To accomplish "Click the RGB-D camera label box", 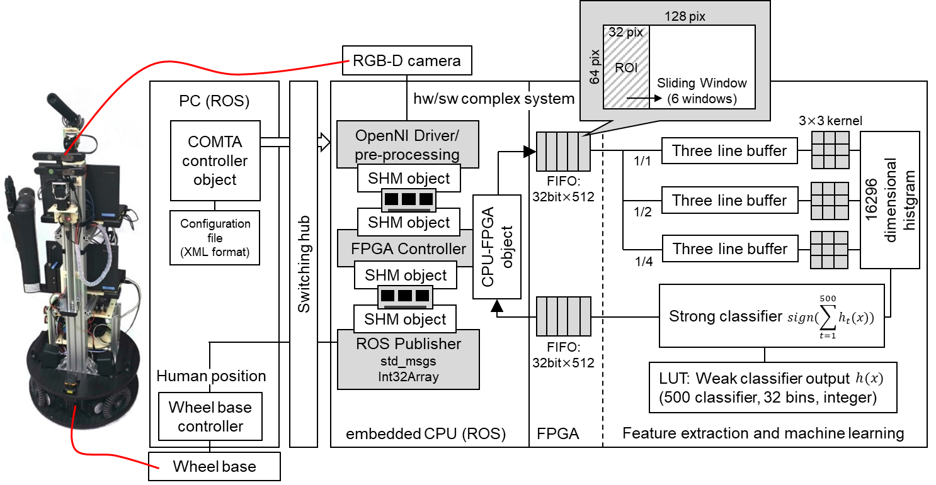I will (407, 61).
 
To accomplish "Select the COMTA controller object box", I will (215, 161).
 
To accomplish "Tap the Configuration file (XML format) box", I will (215, 238).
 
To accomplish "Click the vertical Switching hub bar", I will (304, 264).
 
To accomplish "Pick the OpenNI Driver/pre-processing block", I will (407, 145).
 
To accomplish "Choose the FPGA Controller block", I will (408, 248).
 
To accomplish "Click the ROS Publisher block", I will (408, 359).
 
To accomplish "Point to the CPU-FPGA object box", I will (497, 247).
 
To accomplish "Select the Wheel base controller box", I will (210, 416).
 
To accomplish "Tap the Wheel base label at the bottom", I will (214, 467).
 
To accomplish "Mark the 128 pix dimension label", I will (684, 17).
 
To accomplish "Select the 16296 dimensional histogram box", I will (889, 200).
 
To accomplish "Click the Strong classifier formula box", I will (772, 316).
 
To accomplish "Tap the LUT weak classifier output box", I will (772, 388).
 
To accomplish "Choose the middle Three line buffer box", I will (729, 201).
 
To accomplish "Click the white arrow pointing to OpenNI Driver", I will (324, 142).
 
